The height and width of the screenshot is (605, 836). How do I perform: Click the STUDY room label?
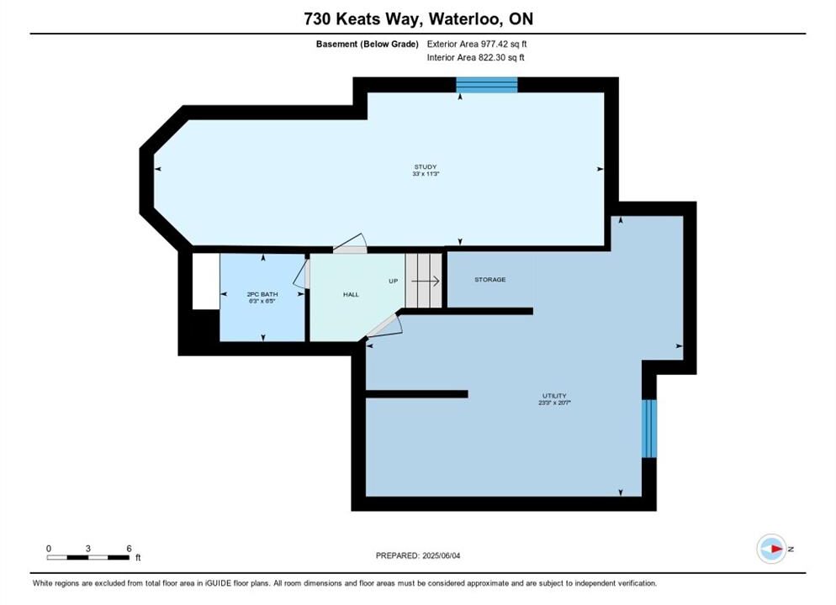pos(426,166)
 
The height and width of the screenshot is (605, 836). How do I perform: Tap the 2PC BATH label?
pos(262,294)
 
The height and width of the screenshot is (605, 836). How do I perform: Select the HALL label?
pos(351,294)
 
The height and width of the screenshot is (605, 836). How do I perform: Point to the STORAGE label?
pos(490,280)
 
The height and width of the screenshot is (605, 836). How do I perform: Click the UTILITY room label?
pos(554,396)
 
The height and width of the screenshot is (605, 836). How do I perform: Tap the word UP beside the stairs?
pos(394,281)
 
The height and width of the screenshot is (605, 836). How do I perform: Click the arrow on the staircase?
pos(425,281)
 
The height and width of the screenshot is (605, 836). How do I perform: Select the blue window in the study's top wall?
pos(487,85)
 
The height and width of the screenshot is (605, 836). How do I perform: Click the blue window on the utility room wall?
pos(648,429)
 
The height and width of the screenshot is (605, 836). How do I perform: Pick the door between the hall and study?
pos(350,244)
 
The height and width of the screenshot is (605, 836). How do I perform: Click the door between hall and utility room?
pos(384,325)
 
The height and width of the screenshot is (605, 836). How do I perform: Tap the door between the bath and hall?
pos(302,274)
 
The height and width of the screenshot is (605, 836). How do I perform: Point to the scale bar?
pos(88,558)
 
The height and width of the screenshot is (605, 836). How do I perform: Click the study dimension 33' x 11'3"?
pos(426,174)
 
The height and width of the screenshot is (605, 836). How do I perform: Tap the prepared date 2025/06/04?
pos(442,555)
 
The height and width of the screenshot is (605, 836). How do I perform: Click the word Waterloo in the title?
pos(464,18)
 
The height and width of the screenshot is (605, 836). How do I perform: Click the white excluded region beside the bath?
pos(206,281)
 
